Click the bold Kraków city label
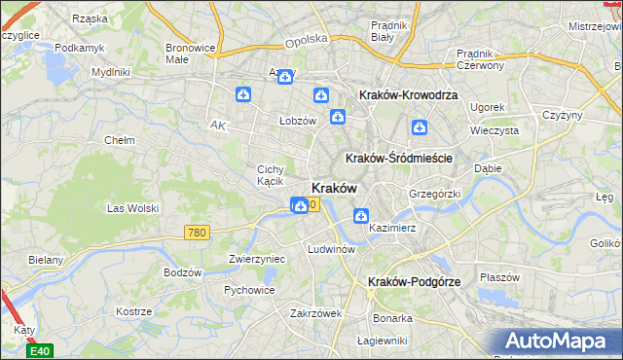pyautogui.click(x=334, y=188)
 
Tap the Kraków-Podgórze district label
pyautogui.click(x=414, y=281)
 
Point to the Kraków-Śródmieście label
pyautogui.click(x=396, y=158)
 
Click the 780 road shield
pyautogui.click(x=197, y=232)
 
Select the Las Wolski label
pyautogui.click(x=131, y=208)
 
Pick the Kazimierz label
pyautogui.click(x=393, y=228)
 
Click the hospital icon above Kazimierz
pyautogui.click(x=361, y=216)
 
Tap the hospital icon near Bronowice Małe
pyautogui.click(x=243, y=94)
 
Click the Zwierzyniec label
pyautogui.click(x=255, y=259)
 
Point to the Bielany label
pyautogui.click(x=46, y=260)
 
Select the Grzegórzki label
pyautogui.click(x=433, y=194)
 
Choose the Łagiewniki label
pyautogui.click(x=381, y=340)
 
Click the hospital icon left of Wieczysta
pyautogui.click(x=420, y=126)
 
